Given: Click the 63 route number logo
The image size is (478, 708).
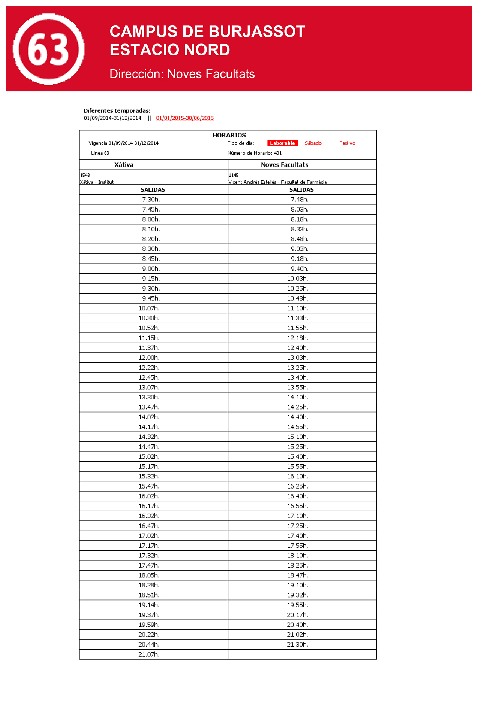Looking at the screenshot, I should [49, 49].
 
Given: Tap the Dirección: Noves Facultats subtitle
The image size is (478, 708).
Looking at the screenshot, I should [182, 74].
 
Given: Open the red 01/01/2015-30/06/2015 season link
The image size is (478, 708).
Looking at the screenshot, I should [185, 118].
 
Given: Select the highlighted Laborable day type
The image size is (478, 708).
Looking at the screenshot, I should [282, 143].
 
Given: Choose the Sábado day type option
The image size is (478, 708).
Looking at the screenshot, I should [313, 143].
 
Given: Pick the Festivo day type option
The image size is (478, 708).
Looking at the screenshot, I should [347, 143].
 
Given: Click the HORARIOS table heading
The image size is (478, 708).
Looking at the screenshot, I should [229, 135].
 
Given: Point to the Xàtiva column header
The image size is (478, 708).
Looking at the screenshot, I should [124, 165].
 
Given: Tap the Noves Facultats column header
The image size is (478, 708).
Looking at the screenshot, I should [285, 165].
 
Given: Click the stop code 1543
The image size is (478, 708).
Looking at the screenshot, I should [85, 175].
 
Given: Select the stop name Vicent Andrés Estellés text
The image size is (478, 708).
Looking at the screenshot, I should [252, 182].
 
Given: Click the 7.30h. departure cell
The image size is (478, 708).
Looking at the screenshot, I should [151, 200].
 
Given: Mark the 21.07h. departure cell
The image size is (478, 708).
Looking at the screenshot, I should [149, 654].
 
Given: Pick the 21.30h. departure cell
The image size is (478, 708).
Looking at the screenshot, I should [298, 645].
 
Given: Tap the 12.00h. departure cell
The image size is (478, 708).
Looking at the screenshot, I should [149, 358].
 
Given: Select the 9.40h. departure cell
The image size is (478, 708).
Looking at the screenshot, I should [300, 269].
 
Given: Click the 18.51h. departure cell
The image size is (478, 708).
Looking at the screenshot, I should [149, 595].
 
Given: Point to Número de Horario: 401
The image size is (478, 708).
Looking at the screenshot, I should [255, 153].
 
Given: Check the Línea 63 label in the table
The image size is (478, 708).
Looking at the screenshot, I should [100, 153].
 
